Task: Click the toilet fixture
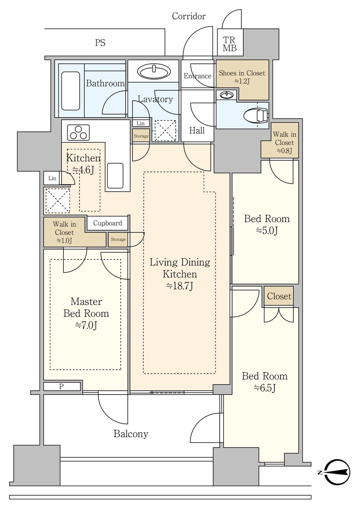click(256, 115)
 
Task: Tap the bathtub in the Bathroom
click(71, 91)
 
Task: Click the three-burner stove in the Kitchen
click(78, 133)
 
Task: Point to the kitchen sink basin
click(115, 176)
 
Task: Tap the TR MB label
click(229, 44)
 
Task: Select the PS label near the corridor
click(100, 43)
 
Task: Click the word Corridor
click(189, 16)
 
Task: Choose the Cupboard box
click(107, 223)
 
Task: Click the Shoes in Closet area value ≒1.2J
click(242, 81)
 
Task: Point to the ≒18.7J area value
click(180, 286)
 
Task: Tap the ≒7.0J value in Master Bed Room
click(86, 326)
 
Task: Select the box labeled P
click(62, 386)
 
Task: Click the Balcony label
click(131, 434)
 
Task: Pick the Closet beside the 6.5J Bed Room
click(279, 296)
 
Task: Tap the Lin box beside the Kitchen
click(52, 178)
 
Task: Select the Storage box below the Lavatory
click(141, 136)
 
